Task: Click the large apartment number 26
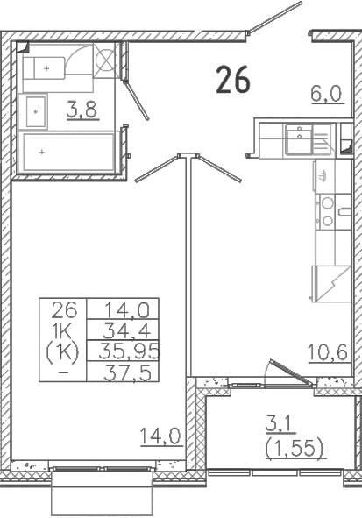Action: click(233, 80)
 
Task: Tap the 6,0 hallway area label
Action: click(326, 94)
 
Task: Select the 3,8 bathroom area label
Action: click(82, 110)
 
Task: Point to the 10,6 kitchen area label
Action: click(327, 352)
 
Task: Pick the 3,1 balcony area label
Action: click(280, 425)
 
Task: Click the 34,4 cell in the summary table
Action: click(126, 330)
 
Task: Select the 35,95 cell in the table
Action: click(129, 351)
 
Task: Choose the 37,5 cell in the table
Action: click(127, 373)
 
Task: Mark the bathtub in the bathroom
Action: click(68, 152)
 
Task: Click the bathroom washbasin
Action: click(35, 111)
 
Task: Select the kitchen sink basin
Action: click(299, 139)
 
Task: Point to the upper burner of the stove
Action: click(328, 203)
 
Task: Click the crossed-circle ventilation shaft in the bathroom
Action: click(105, 60)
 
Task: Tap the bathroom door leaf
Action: click(137, 100)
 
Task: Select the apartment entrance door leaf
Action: click(276, 17)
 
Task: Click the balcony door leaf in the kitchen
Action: click(291, 372)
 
